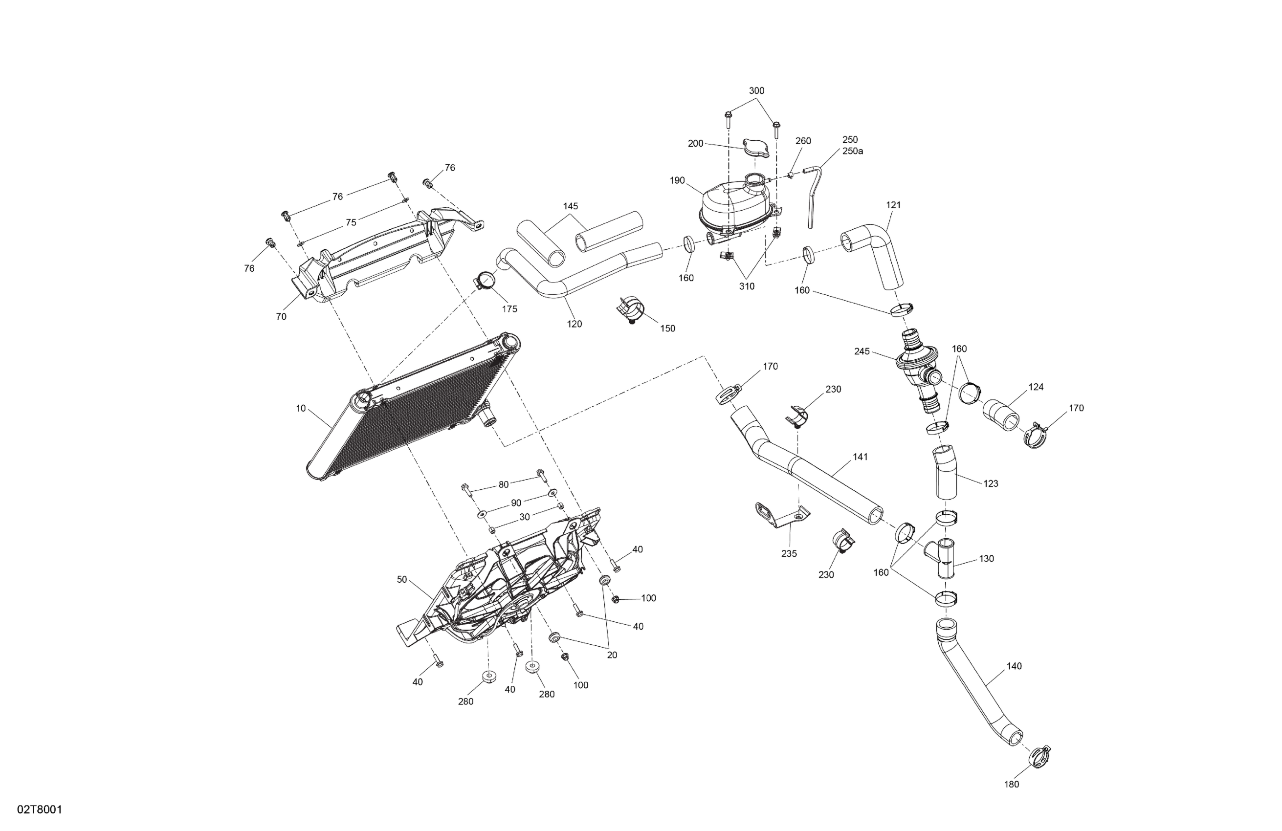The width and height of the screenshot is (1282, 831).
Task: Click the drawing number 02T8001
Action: [x=40, y=810]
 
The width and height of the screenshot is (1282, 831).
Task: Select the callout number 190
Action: [x=677, y=180]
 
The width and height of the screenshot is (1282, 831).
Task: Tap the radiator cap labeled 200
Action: [x=755, y=148]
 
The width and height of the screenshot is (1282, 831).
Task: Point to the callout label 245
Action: [x=862, y=351]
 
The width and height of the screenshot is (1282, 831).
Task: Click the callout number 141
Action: [x=860, y=457]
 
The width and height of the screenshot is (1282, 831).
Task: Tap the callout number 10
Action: [x=301, y=409]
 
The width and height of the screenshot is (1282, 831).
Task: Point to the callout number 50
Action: [x=402, y=579]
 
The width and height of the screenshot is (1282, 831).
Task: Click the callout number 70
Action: [x=281, y=317]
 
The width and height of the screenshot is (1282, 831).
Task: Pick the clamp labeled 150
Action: [x=630, y=310]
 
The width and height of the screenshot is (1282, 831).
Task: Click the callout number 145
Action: [x=571, y=206]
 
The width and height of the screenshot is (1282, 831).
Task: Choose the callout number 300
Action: [x=756, y=90]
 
